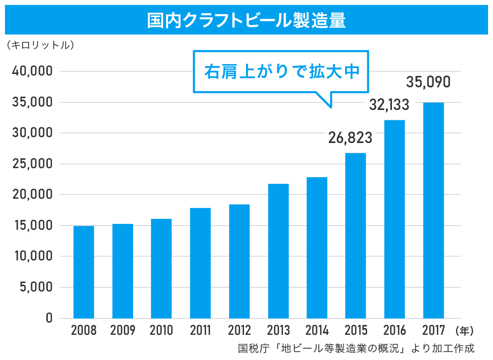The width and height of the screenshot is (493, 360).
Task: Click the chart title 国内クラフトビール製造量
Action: point(246,21)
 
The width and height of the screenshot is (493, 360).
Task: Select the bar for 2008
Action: point(84,272)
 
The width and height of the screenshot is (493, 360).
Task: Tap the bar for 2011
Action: point(200,263)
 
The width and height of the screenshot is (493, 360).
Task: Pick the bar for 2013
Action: point(278,251)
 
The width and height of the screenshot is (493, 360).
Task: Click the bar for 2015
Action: point(355,236)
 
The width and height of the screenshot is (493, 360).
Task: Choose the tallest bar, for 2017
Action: point(433,211)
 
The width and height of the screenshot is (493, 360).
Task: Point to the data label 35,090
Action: point(428,82)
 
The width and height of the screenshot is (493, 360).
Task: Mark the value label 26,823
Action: point(350,138)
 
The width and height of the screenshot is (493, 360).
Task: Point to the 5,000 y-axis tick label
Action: point(35,288)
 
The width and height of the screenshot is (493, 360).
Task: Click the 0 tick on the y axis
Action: point(49,318)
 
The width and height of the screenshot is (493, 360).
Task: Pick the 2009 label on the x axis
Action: point(122,330)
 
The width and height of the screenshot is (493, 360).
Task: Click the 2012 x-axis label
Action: point(239,330)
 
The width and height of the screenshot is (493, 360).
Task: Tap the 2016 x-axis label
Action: point(394,330)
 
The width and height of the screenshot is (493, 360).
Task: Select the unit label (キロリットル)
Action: point(40,45)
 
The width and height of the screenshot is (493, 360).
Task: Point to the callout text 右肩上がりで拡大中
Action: point(280,72)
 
